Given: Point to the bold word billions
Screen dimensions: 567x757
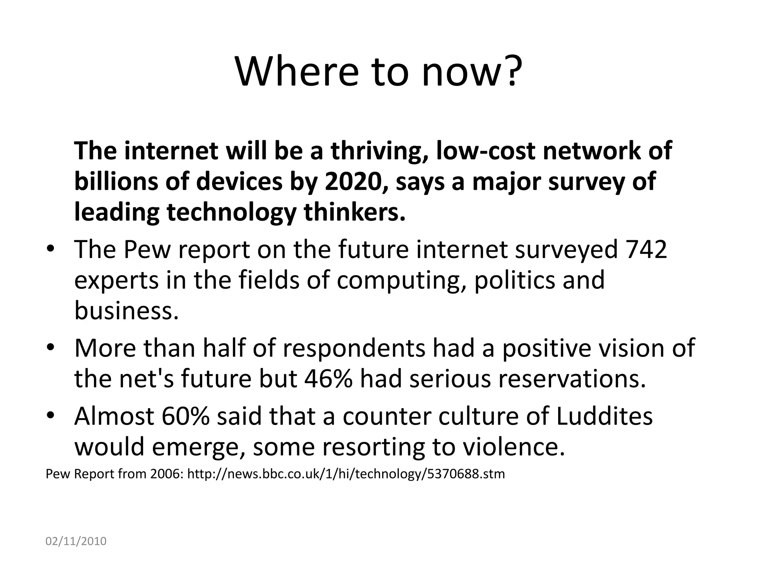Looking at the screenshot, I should click(x=116, y=182).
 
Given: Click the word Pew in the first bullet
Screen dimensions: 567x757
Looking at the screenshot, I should click(x=147, y=249).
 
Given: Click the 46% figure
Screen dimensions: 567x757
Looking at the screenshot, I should click(x=329, y=379).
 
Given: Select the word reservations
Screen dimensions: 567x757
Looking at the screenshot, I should click(x=572, y=379).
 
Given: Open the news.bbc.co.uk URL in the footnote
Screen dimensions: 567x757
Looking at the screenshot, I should click(x=346, y=474).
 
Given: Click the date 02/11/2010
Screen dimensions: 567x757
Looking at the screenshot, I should click(x=76, y=542).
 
